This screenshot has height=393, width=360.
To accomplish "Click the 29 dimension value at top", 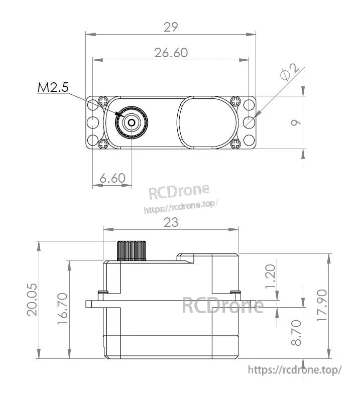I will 171,27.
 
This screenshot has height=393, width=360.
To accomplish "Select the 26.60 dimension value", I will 171,52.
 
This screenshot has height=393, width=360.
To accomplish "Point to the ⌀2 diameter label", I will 291,73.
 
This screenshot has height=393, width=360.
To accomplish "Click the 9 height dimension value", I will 296,122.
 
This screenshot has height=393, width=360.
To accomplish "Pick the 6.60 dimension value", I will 112,178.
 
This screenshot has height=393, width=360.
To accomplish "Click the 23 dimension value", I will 171,222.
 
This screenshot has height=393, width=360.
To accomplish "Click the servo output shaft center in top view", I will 132,121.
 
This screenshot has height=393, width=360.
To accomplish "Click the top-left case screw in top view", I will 104,101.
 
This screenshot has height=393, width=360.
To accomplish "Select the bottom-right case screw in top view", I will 236,144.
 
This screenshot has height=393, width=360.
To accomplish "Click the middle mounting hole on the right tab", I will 249,122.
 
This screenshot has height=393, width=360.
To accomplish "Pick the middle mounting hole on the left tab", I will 92,122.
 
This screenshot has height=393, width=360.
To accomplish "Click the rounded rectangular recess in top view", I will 206,122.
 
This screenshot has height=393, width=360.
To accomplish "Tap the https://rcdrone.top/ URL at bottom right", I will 295,370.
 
